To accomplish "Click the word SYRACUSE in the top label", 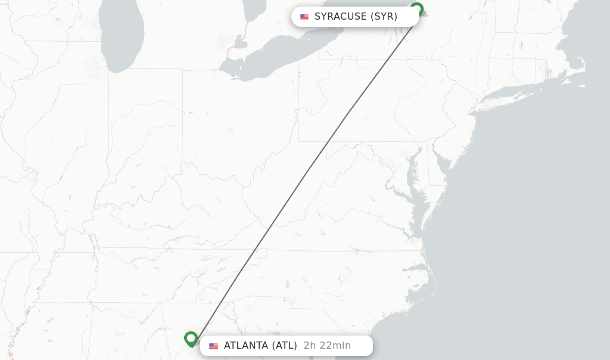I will tap(340, 17).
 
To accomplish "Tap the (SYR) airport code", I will tap(384, 17).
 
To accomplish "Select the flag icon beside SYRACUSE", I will tap(304, 17).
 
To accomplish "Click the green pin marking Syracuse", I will tap(416, 9).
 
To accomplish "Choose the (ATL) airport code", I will tap(284, 346).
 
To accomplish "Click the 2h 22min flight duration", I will tap(327, 346).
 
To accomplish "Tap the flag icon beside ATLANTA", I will tap(213, 346).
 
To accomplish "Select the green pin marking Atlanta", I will tap(191, 339).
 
